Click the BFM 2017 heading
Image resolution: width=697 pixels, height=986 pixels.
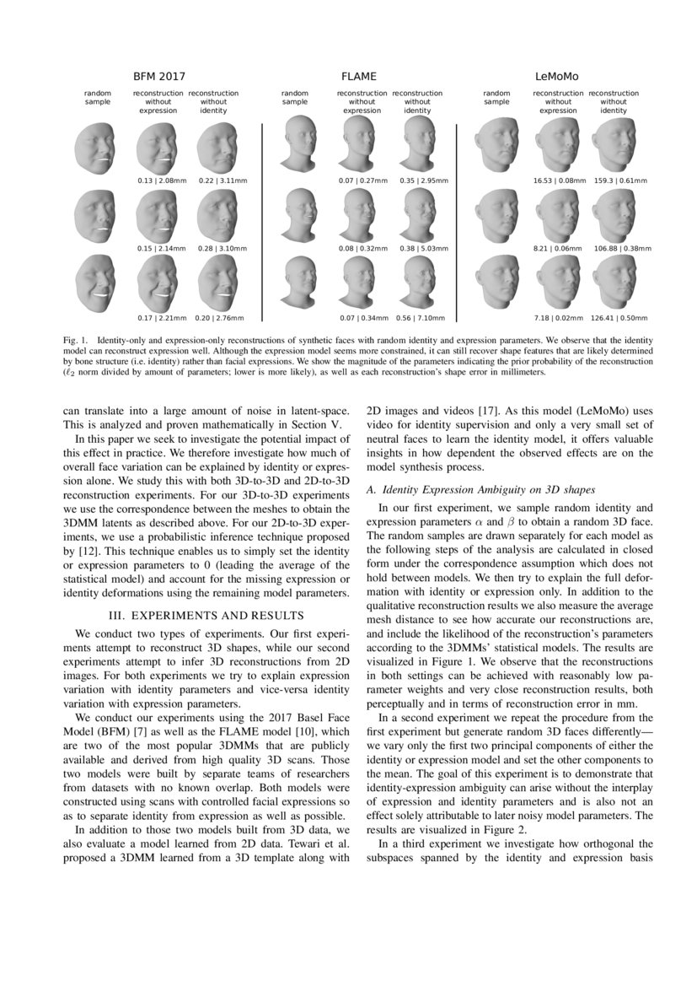point(159,76)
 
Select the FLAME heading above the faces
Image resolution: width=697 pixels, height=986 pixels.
point(358,76)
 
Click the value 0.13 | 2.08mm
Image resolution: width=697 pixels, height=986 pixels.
point(156,180)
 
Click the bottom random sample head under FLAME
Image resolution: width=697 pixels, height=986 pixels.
point(295,282)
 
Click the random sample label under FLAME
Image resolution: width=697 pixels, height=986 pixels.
point(295,97)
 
